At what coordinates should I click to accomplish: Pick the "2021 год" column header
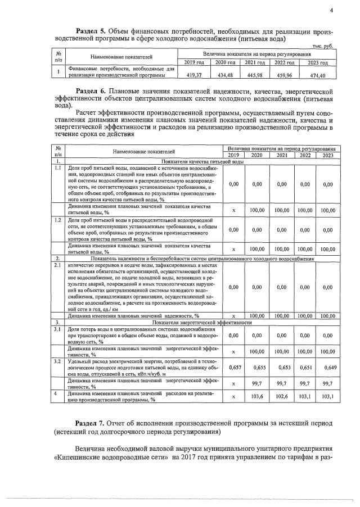pyautogui.click(x=254, y=62)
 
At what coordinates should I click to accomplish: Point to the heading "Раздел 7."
pyautogui.click(x=93, y=422)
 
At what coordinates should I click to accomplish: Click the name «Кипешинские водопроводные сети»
pyautogui.click(x=104, y=457)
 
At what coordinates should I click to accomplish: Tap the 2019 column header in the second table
pyautogui.click(x=233, y=155)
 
